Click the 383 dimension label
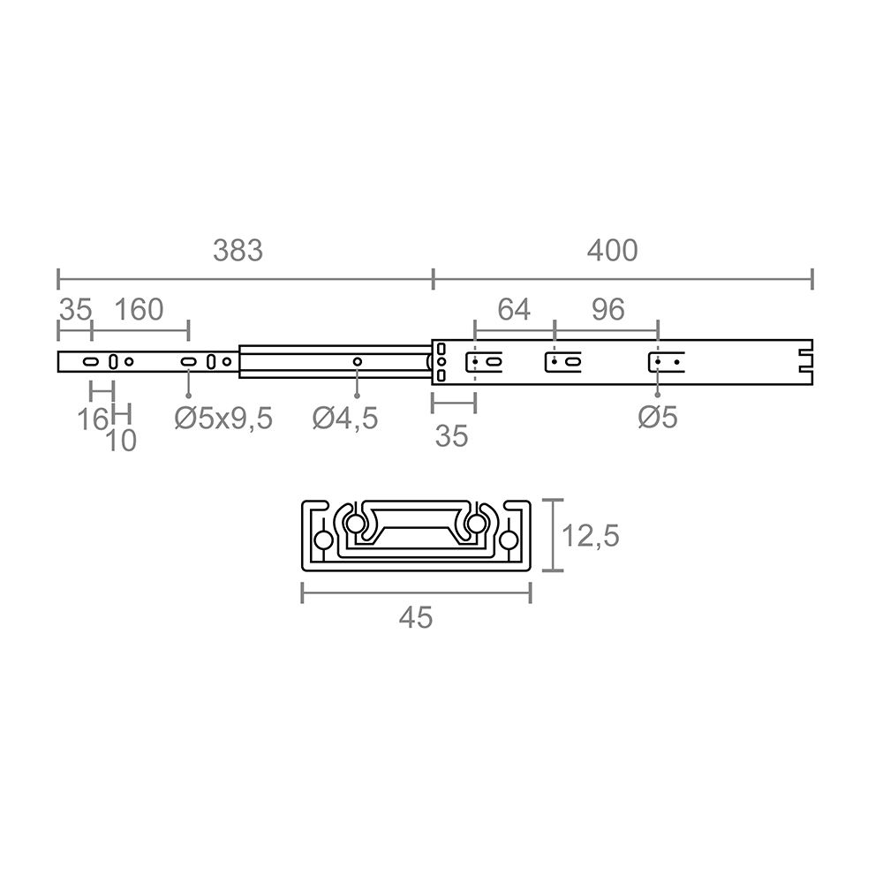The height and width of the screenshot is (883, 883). [x=238, y=251]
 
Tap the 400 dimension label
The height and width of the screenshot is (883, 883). [x=612, y=251]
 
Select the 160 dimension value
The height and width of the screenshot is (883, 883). [x=139, y=310]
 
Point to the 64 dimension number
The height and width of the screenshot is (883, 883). [x=514, y=310]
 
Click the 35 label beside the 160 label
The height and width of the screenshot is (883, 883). [x=75, y=310]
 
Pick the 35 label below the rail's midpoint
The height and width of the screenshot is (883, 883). [x=452, y=436]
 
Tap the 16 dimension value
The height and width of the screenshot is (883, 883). [x=92, y=419]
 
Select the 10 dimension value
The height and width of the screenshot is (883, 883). [x=121, y=441]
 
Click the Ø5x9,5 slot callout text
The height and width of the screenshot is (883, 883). [x=223, y=419]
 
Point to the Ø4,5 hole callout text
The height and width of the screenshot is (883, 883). [x=344, y=419]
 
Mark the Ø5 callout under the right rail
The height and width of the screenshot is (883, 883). [x=658, y=418]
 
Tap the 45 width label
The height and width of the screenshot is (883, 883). [x=415, y=618]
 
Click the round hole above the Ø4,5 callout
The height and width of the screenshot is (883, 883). [x=357, y=361]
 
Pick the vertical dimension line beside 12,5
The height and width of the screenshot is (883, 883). [x=554, y=535]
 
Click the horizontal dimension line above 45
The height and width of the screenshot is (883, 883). [x=416, y=593]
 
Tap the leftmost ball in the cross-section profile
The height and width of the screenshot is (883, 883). [x=322, y=540]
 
